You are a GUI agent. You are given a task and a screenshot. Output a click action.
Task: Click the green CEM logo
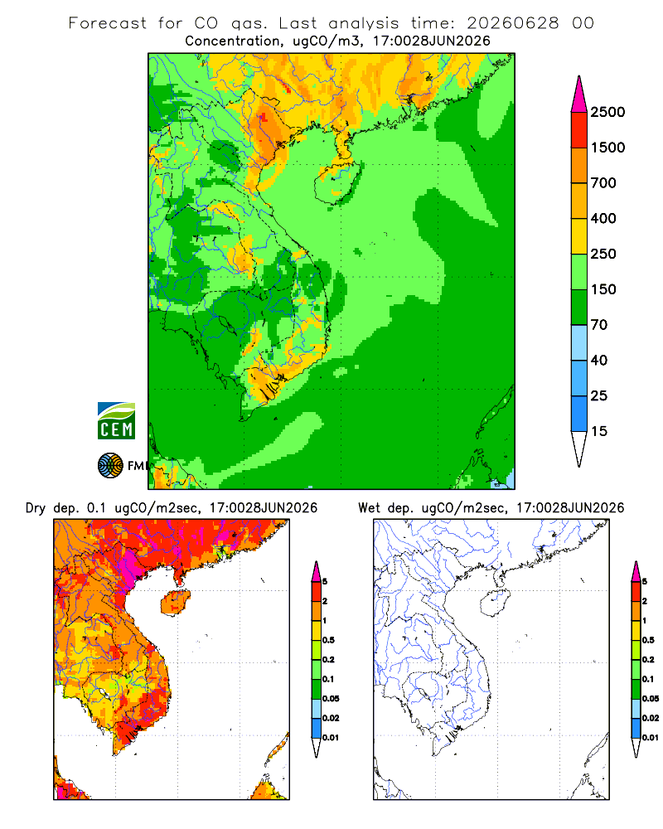[116, 421]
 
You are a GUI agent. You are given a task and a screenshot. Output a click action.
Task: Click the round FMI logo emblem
[110, 466]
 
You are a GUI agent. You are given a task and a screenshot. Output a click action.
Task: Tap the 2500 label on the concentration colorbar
[607, 112]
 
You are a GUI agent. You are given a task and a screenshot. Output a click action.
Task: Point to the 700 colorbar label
[603, 183]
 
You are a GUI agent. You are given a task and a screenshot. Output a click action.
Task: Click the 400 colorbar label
[603, 218]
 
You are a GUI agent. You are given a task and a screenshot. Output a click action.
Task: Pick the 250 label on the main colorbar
[603, 254]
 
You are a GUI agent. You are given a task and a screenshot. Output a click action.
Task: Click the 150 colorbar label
[603, 289]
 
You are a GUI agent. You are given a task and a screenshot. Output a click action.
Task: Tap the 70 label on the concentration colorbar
[599, 325]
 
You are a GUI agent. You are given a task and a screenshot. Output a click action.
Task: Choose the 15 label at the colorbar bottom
[599, 431]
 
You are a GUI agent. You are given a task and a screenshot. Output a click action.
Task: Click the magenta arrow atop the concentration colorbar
[579, 95]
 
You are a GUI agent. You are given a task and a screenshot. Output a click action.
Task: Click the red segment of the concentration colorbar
[579, 130]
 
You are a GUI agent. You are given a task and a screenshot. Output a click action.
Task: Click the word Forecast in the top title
[108, 23]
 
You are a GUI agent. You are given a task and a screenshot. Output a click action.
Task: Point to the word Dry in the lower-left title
[36, 508]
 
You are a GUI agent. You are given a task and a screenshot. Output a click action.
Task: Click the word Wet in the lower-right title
[369, 508]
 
